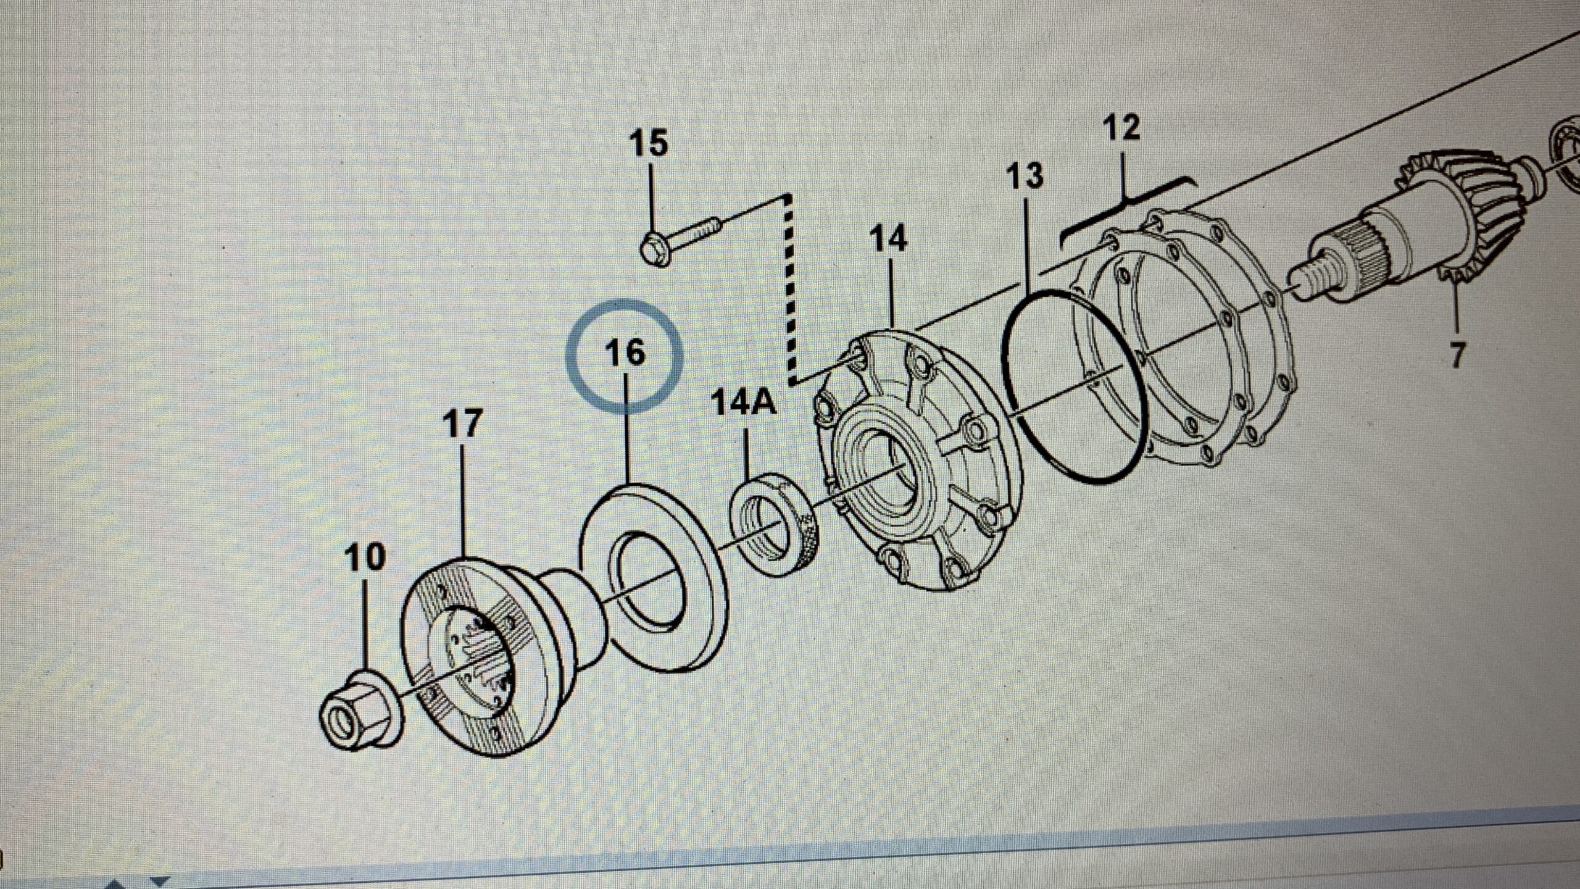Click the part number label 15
pos(648,144)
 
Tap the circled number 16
pos(625,353)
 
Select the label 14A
pos(743,403)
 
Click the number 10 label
pos(365,557)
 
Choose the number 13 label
pos(1025,176)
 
